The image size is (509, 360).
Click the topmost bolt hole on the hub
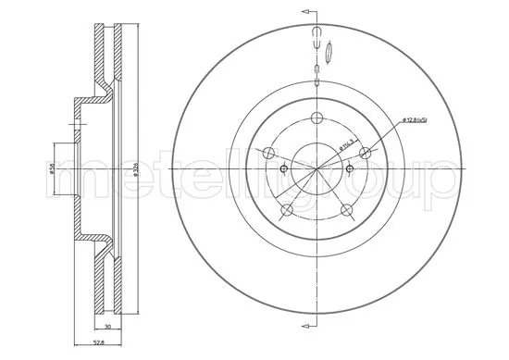[x=317, y=117]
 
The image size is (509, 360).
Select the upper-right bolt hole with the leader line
[x=366, y=154]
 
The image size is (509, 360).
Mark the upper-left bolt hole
[x=269, y=154]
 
